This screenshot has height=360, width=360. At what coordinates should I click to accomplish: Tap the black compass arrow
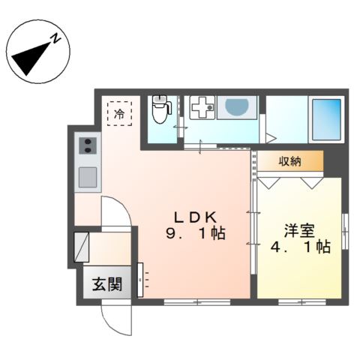(x=34, y=57)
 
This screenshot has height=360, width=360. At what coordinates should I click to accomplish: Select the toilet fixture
(x=159, y=112)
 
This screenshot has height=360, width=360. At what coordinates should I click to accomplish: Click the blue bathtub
(x=327, y=120)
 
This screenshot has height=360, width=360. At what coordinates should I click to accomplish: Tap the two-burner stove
(x=86, y=145)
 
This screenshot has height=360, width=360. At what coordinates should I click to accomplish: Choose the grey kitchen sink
(x=87, y=178)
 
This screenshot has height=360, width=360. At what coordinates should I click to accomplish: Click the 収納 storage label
(x=292, y=160)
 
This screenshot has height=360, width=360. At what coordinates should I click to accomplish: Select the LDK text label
(x=192, y=217)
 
